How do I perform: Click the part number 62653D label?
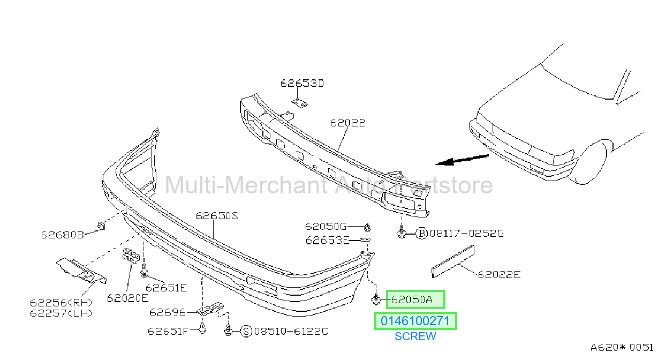tap(302, 83)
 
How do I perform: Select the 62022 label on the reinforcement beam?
tap(347, 123)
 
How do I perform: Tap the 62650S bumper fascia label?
tap(217, 216)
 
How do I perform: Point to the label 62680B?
tap(63, 235)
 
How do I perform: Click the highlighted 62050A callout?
tap(415, 299)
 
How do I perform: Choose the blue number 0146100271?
tap(415, 321)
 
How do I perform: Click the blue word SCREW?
tap(415, 336)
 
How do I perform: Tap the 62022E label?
tap(499, 274)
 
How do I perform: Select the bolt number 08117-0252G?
tap(467, 234)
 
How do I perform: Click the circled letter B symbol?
tap(421, 234)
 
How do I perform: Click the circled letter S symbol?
tap(246, 332)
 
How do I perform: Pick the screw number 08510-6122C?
tap(291, 332)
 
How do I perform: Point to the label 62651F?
tap(168, 332)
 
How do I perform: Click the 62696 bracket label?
tap(168, 312)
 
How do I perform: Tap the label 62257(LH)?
tap(61, 313)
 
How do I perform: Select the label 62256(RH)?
tap(61, 302)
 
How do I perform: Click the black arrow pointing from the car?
tap(462, 160)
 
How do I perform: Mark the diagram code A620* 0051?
tap(622, 348)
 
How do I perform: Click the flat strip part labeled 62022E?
tap(453, 261)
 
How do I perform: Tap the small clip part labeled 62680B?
tap(101, 226)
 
